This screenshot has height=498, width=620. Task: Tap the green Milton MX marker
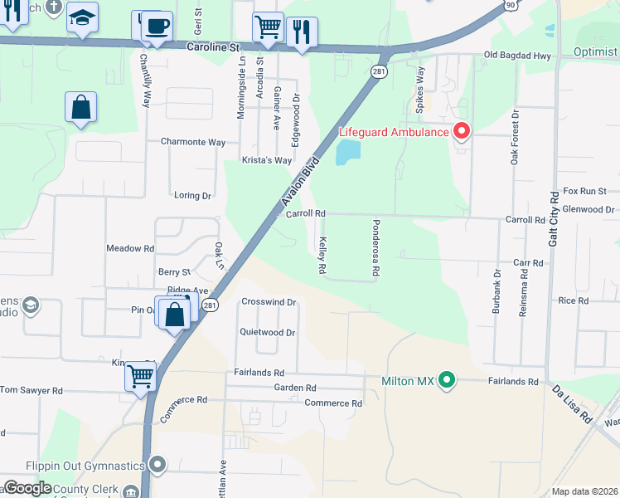pos(448,381)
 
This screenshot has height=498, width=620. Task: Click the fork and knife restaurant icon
pos(302,32)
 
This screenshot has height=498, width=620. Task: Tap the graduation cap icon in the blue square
pos(82,17)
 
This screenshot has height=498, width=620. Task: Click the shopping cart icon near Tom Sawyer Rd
pos(140,375)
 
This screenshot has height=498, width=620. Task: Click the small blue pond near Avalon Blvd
pos(347,152)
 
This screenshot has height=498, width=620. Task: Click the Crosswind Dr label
pos(269,302)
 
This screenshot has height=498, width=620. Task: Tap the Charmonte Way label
pos(193,142)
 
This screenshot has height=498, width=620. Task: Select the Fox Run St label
pos(585,191)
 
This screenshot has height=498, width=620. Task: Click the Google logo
pos(27,488)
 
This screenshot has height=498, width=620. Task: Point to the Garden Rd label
pos(295,388)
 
